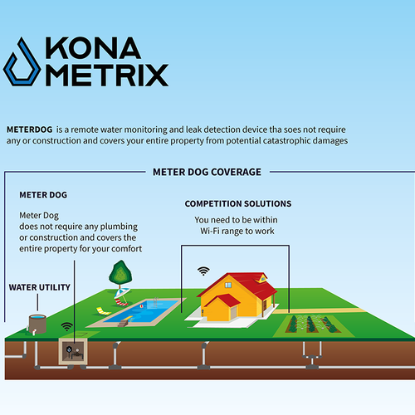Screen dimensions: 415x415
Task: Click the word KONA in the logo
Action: click(93, 48)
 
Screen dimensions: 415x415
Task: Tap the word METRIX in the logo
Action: click(107, 75)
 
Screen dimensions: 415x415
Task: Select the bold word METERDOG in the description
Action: click(30, 129)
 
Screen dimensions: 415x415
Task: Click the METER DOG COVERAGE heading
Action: click(207, 172)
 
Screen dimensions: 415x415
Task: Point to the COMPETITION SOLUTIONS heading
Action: click(238, 203)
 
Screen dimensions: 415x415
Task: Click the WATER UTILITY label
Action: click(40, 287)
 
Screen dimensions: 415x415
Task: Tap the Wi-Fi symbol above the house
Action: click(203, 271)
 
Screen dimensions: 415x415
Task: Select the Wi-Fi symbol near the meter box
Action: click(67, 326)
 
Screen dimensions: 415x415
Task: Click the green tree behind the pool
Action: click(120, 273)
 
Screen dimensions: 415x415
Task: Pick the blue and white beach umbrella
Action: click(121, 294)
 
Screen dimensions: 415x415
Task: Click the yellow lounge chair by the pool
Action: click(103, 311)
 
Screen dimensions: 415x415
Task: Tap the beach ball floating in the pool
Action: click(141, 306)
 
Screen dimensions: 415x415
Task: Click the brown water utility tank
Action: click(37, 324)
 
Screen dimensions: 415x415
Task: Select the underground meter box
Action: click(73, 351)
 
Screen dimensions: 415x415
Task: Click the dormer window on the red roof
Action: click(261, 279)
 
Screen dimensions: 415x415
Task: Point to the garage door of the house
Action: click(234, 313)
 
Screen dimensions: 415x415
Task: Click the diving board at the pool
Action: click(127, 318)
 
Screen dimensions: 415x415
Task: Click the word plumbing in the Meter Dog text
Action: click(119, 227)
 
